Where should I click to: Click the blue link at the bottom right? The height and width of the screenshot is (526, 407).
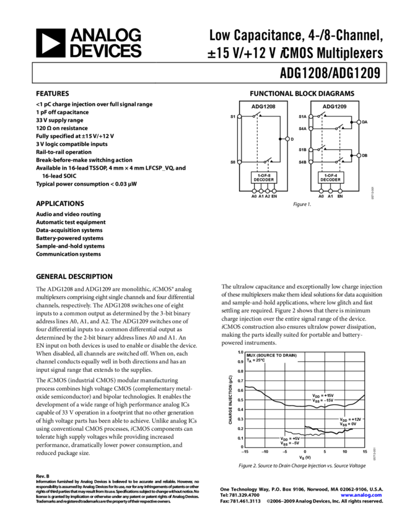point(361,495)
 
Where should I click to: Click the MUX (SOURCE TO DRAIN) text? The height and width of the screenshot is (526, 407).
point(271,355)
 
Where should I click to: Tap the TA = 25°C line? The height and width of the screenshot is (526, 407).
point(255,360)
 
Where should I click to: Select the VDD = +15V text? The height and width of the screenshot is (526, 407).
point(323,395)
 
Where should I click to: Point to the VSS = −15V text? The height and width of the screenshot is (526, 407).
point(323,400)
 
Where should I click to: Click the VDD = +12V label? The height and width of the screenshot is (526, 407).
point(350,419)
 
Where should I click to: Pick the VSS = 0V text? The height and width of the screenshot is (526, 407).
point(348,424)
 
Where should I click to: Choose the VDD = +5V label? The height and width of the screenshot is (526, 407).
point(290,438)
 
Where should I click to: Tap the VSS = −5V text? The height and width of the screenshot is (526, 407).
point(290,443)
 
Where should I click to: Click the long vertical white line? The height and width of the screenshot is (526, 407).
point(240,139)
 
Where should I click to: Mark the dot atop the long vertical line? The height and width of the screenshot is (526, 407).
point(240,116)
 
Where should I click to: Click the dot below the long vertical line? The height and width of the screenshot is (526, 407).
point(240,162)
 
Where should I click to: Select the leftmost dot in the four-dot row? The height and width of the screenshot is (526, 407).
point(254,191)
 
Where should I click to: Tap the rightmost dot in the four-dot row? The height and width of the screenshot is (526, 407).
point(274,191)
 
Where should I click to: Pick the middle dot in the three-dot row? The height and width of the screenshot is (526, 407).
point(331,191)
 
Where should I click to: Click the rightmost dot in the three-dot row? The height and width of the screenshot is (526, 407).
point(340,191)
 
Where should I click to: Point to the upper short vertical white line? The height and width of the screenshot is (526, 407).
point(311,123)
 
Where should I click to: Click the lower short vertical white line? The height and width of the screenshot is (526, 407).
point(311,156)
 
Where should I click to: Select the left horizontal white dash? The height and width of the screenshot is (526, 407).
point(262,99)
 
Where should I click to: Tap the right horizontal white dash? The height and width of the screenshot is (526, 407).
point(333,99)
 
